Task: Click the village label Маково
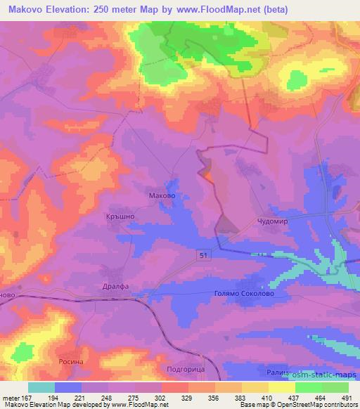coord(162,197)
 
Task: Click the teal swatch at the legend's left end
coord(41,387)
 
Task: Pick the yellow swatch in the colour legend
coord(282,387)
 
